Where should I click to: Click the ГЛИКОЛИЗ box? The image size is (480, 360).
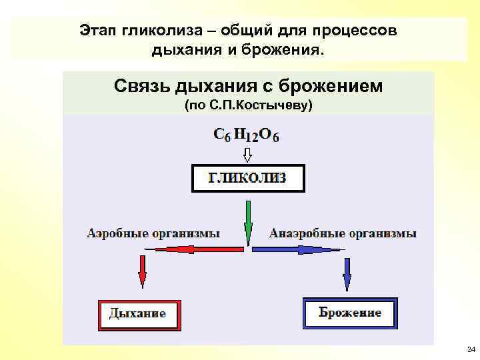pyautogui.click(x=248, y=178)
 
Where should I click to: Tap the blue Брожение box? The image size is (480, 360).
pyautogui.click(x=349, y=313)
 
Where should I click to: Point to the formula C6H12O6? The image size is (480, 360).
pyautogui.click(x=247, y=134)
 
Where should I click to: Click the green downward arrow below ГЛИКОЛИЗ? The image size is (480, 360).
pyautogui.click(x=248, y=223)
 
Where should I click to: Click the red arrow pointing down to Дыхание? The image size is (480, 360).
pyautogui.click(x=142, y=271)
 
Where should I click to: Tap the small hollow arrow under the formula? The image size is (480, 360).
pyautogui.click(x=247, y=155)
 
